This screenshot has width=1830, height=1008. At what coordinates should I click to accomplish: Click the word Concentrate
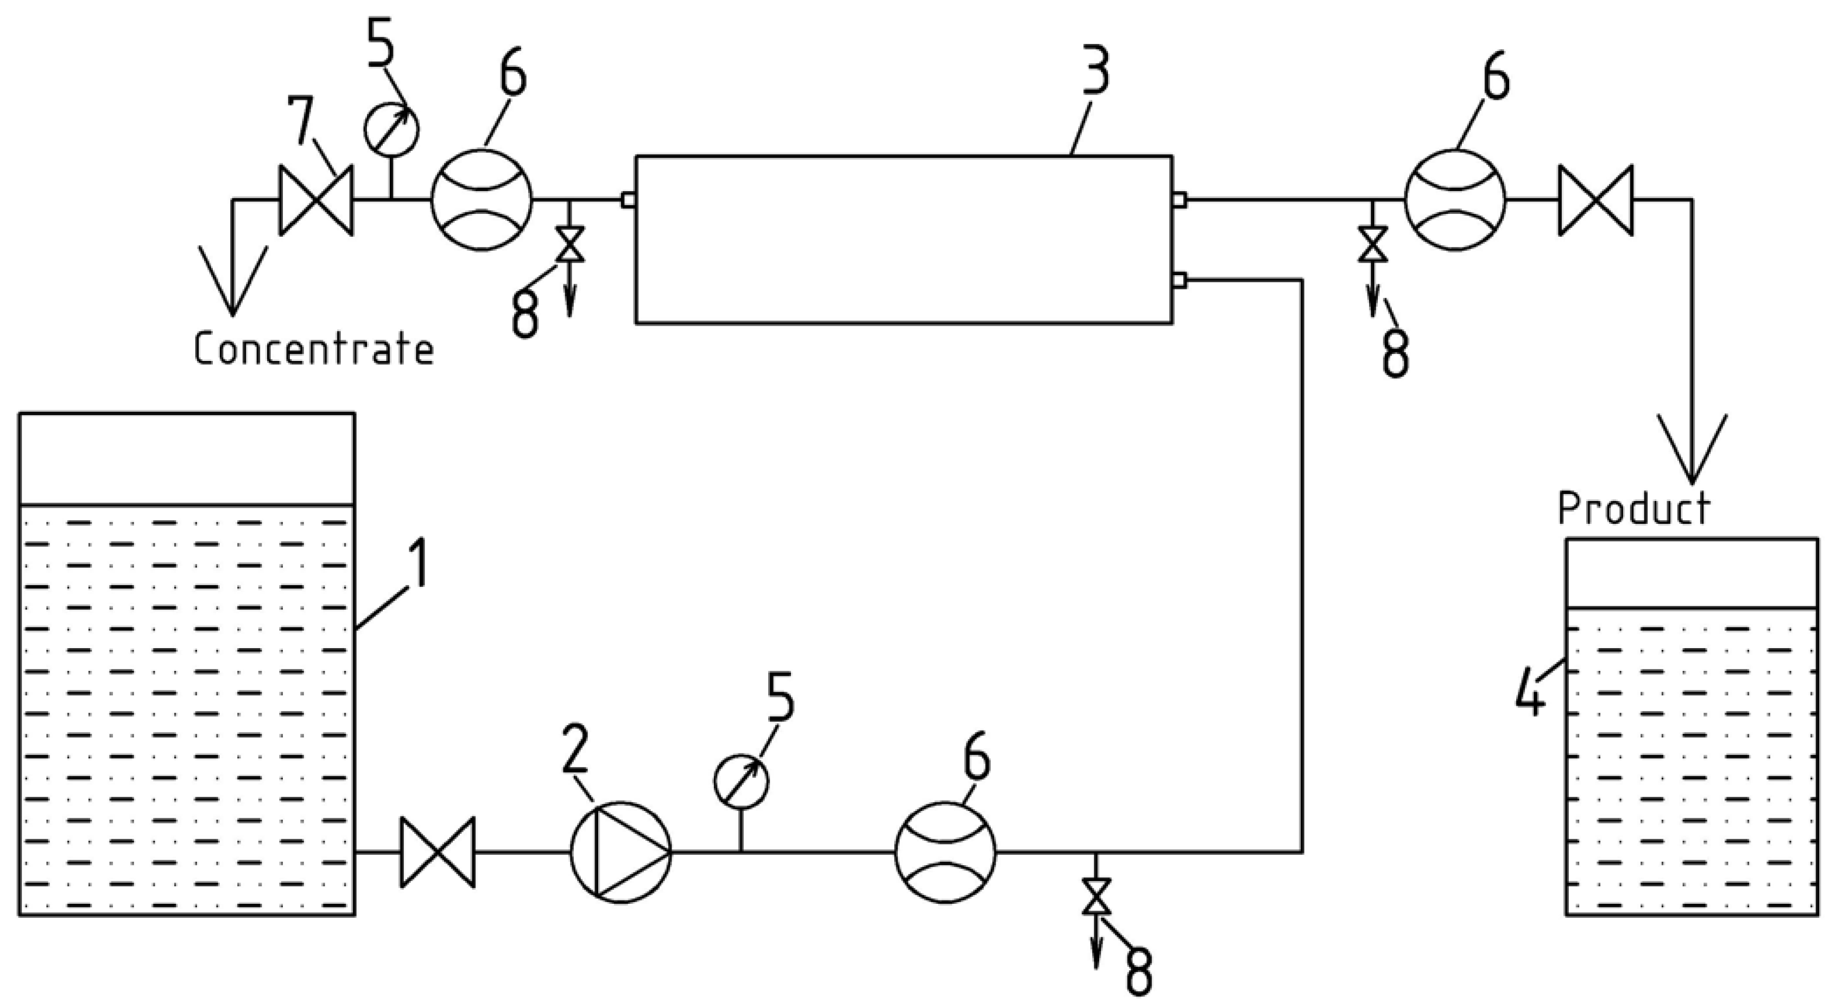tap(313, 350)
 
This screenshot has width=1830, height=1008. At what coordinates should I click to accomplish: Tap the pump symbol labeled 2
tap(620, 852)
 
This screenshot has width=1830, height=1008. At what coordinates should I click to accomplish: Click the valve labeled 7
tap(315, 200)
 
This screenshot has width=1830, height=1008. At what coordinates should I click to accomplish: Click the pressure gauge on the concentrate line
tap(391, 129)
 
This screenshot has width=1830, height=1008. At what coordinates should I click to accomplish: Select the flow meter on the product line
tap(1454, 200)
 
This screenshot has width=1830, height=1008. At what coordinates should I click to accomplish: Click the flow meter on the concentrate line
tap(481, 200)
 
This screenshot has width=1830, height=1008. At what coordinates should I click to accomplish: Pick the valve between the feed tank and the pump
tap(438, 852)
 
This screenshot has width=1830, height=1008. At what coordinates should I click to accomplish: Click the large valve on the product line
tap(1595, 200)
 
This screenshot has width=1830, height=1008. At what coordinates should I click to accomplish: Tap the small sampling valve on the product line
tap(1372, 244)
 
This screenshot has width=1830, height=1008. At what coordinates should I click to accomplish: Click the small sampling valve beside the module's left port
tap(570, 244)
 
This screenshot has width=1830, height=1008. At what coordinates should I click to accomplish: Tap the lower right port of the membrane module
tap(1179, 281)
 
